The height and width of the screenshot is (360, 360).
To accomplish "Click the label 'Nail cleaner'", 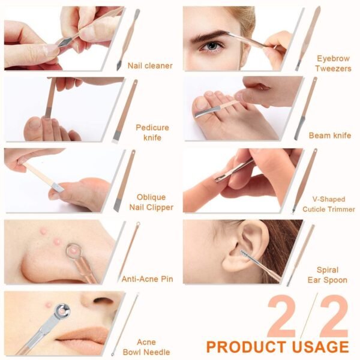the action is pos(150,65).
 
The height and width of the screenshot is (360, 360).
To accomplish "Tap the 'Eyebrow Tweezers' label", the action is pos(333,64).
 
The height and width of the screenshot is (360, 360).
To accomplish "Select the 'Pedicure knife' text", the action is pos(152,133).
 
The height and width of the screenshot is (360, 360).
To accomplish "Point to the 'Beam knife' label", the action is pos(330,136).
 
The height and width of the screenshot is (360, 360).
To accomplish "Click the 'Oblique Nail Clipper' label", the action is pos(151,202).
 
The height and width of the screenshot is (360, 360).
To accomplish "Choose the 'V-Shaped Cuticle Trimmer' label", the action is pos(329,204).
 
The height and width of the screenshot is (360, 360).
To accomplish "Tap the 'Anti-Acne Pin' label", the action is pos(147,279).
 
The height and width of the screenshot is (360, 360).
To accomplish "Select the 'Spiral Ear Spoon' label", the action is pos(328,275).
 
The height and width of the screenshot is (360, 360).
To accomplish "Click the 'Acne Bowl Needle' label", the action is pos(146,347).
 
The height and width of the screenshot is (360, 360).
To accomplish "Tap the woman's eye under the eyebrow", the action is pos(211,46).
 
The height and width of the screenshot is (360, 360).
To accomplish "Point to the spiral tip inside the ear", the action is pos(245,254).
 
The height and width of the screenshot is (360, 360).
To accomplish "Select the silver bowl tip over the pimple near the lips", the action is pos(62,311).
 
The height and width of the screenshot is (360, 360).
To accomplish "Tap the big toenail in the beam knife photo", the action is pos(201,103).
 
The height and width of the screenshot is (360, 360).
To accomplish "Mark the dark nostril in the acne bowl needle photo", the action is pos(103,300).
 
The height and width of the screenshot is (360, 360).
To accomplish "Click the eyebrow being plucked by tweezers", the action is pos(212,35).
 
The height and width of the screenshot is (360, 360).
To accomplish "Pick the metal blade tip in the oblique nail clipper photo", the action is pos(58,187).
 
